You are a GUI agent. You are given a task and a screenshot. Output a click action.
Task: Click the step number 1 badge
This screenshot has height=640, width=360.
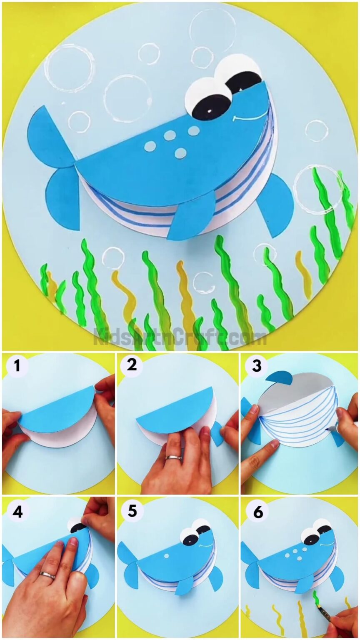(x=17, y=366)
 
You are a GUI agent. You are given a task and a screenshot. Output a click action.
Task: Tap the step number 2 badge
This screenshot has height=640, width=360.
(x=132, y=365)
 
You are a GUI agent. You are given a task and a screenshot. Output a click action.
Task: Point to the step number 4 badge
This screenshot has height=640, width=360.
(x=17, y=511)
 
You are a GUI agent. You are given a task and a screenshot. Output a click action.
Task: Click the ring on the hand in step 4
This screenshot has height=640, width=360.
(x=47, y=575)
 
